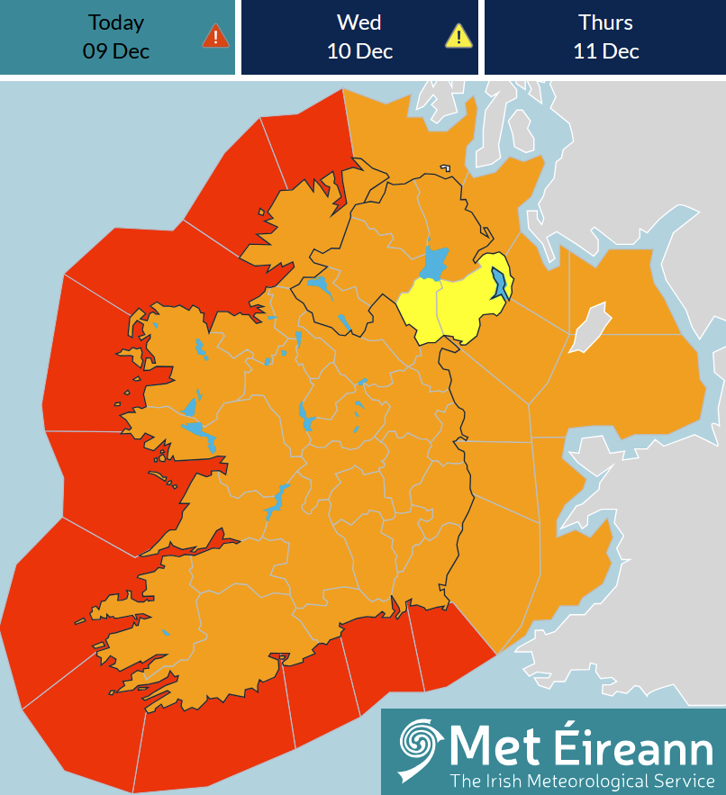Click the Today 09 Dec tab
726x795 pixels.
pyautogui.click(x=117, y=37)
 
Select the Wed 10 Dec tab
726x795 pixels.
pyautogui.click(x=359, y=37)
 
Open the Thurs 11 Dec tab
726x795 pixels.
pyautogui.click(x=605, y=37)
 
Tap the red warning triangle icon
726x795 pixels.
pyautogui.click(x=215, y=36)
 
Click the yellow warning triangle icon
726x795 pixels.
pyautogui.click(x=458, y=36)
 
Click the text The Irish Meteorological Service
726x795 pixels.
pyautogui.click(x=582, y=780)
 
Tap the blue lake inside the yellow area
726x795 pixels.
pyautogui.click(x=499, y=285)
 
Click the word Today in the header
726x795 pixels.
pyautogui.click(x=116, y=23)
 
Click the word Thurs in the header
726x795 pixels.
pyautogui.click(x=605, y=23)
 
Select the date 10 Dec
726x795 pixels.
pyautogui.click(x=359, y=51)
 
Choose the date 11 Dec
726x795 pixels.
pyautogui.click(x=605, y=51)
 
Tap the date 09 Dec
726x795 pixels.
pyautogui.click(x=116, y=51)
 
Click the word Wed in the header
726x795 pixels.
pyautogui.click(x=359, y=23)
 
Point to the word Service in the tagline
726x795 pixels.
pyautogui.click(x=681, y=780)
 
